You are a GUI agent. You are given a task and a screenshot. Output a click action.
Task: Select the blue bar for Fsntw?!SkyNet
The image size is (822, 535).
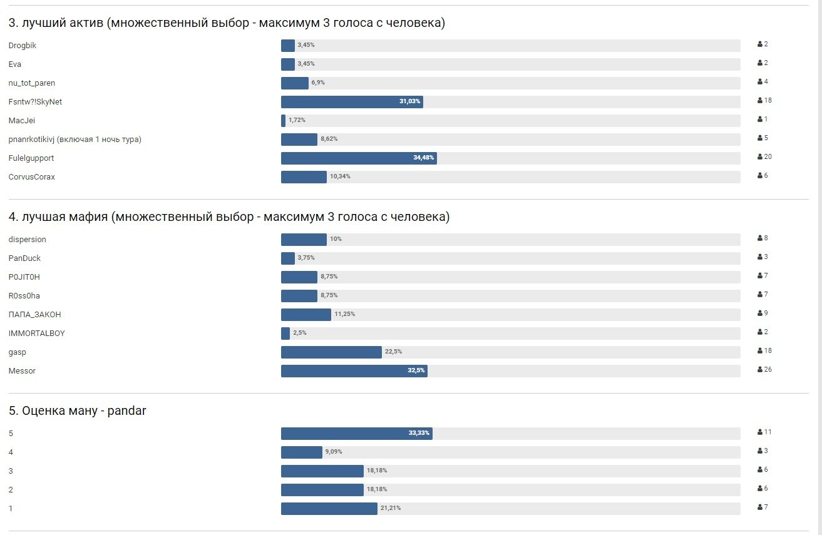tap(351, 102)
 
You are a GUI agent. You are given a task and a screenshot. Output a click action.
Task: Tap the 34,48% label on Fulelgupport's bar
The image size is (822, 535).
tap(423, 158)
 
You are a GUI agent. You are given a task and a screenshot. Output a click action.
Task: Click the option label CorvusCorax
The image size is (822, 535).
tap(32, 177)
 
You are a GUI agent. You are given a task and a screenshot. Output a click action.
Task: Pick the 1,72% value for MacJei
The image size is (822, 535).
tap(297, 120)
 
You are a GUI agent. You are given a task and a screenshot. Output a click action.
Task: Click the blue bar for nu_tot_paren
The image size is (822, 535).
tap(294, 83)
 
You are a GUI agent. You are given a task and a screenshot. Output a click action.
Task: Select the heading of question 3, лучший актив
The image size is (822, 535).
tap(227, 23)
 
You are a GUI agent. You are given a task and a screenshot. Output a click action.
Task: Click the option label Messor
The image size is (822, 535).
tap(22, 371)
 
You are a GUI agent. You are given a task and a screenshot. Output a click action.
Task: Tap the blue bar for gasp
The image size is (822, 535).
tap(331, 352)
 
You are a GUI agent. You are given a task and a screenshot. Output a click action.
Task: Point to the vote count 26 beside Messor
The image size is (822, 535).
tap(768, 370)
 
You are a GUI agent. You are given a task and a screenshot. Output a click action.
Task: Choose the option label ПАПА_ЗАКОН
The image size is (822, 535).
tap(35, 315)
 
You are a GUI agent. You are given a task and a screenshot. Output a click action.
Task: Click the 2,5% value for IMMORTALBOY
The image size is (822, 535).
tap(300, 333)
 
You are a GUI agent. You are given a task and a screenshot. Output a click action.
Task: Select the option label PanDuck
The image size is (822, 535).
tap(24, 258)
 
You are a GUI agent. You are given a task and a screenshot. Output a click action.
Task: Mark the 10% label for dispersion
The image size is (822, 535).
tap(336, 239)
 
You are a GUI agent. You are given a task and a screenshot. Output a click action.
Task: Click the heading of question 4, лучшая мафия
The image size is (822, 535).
tap(229, 217)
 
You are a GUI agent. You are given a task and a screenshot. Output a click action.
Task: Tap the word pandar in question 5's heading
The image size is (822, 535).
tap(126, 411)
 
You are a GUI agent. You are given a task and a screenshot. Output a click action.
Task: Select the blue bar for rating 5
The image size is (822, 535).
tap(356, 434)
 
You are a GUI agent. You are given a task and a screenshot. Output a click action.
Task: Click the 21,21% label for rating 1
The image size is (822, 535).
tap(391, 508)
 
